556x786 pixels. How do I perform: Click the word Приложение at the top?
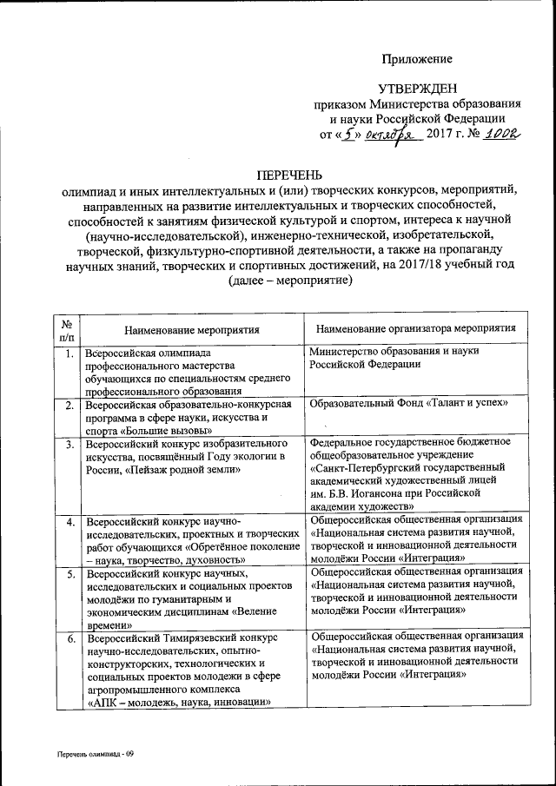pos(418,59)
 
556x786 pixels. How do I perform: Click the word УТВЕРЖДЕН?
pos(415,89)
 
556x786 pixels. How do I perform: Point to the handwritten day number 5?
pos(349,135)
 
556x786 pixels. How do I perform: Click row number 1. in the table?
pos(67,353)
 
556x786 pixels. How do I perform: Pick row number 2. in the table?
pos(67,406)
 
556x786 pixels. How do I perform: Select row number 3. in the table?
pos(67,445)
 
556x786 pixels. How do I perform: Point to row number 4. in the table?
pos(67,522)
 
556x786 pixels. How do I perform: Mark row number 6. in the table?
pos(67,637)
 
